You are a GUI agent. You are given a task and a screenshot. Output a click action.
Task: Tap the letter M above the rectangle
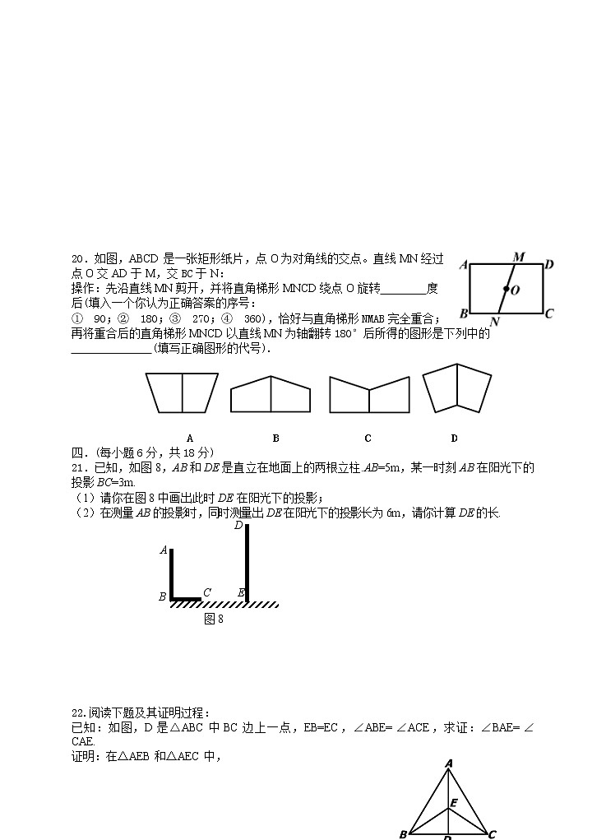point(519,258)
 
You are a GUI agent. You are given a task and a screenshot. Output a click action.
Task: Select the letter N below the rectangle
point(494,321)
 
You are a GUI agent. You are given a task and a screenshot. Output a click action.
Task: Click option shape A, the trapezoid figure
point(182,392)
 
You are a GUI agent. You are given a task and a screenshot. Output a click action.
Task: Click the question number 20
point(78,259)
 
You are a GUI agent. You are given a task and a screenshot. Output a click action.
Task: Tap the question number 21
point(78,468)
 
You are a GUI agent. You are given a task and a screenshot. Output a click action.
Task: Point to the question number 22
point(78,712)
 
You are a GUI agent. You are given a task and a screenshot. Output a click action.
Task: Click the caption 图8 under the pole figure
point(214,619)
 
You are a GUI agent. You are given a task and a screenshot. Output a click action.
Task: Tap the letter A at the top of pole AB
point(164,550)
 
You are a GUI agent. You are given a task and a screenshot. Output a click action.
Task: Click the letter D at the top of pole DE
point(238,526)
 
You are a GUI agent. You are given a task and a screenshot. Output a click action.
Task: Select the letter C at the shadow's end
point(207,592)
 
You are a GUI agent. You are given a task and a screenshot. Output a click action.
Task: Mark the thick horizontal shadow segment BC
point(186,599)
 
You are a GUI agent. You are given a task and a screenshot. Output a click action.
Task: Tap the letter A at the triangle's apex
point(449,763)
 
